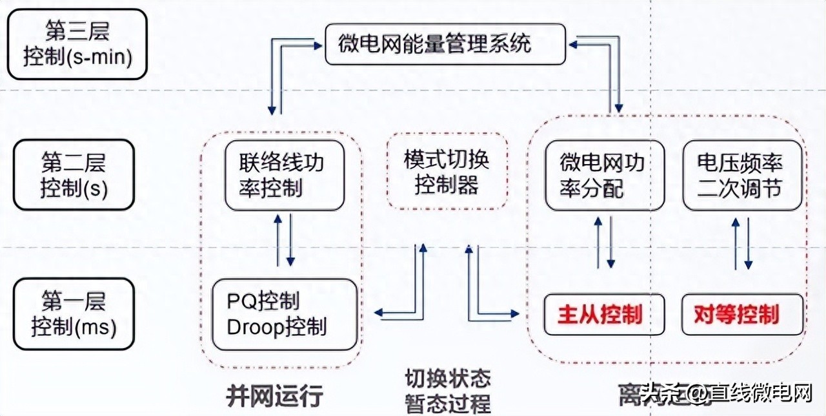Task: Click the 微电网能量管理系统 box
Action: tap(445, 44)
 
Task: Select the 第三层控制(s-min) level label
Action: tap(78, 44)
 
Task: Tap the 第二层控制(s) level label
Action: tap(74, 174)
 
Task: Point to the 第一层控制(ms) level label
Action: tap(74, 314)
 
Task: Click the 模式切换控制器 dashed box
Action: tap(447, 172)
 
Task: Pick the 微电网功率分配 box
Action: tap(604, 175)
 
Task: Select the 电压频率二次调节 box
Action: tap(743, 175)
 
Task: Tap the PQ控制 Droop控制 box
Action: tap(285, 314)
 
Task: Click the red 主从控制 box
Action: tap(604, 315)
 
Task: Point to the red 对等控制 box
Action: tap(743, 315)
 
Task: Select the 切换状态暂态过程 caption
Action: tap(447, 390)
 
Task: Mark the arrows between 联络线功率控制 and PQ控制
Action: tap(284, 240)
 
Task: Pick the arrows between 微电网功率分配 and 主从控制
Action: tap(604, 242)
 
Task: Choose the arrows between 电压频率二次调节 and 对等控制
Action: tap(741, 243)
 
